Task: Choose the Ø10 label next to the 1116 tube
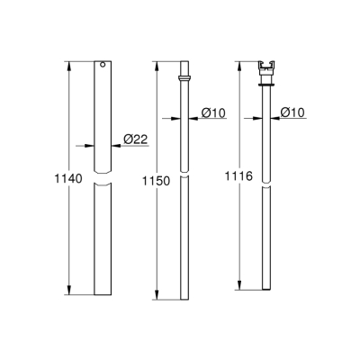(x=293, y=112)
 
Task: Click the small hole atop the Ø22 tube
(x=103, y=65)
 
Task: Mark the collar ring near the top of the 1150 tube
(x=184, y=79)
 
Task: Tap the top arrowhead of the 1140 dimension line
(x=68, y=64)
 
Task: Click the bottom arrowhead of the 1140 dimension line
(x=68, y=292)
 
